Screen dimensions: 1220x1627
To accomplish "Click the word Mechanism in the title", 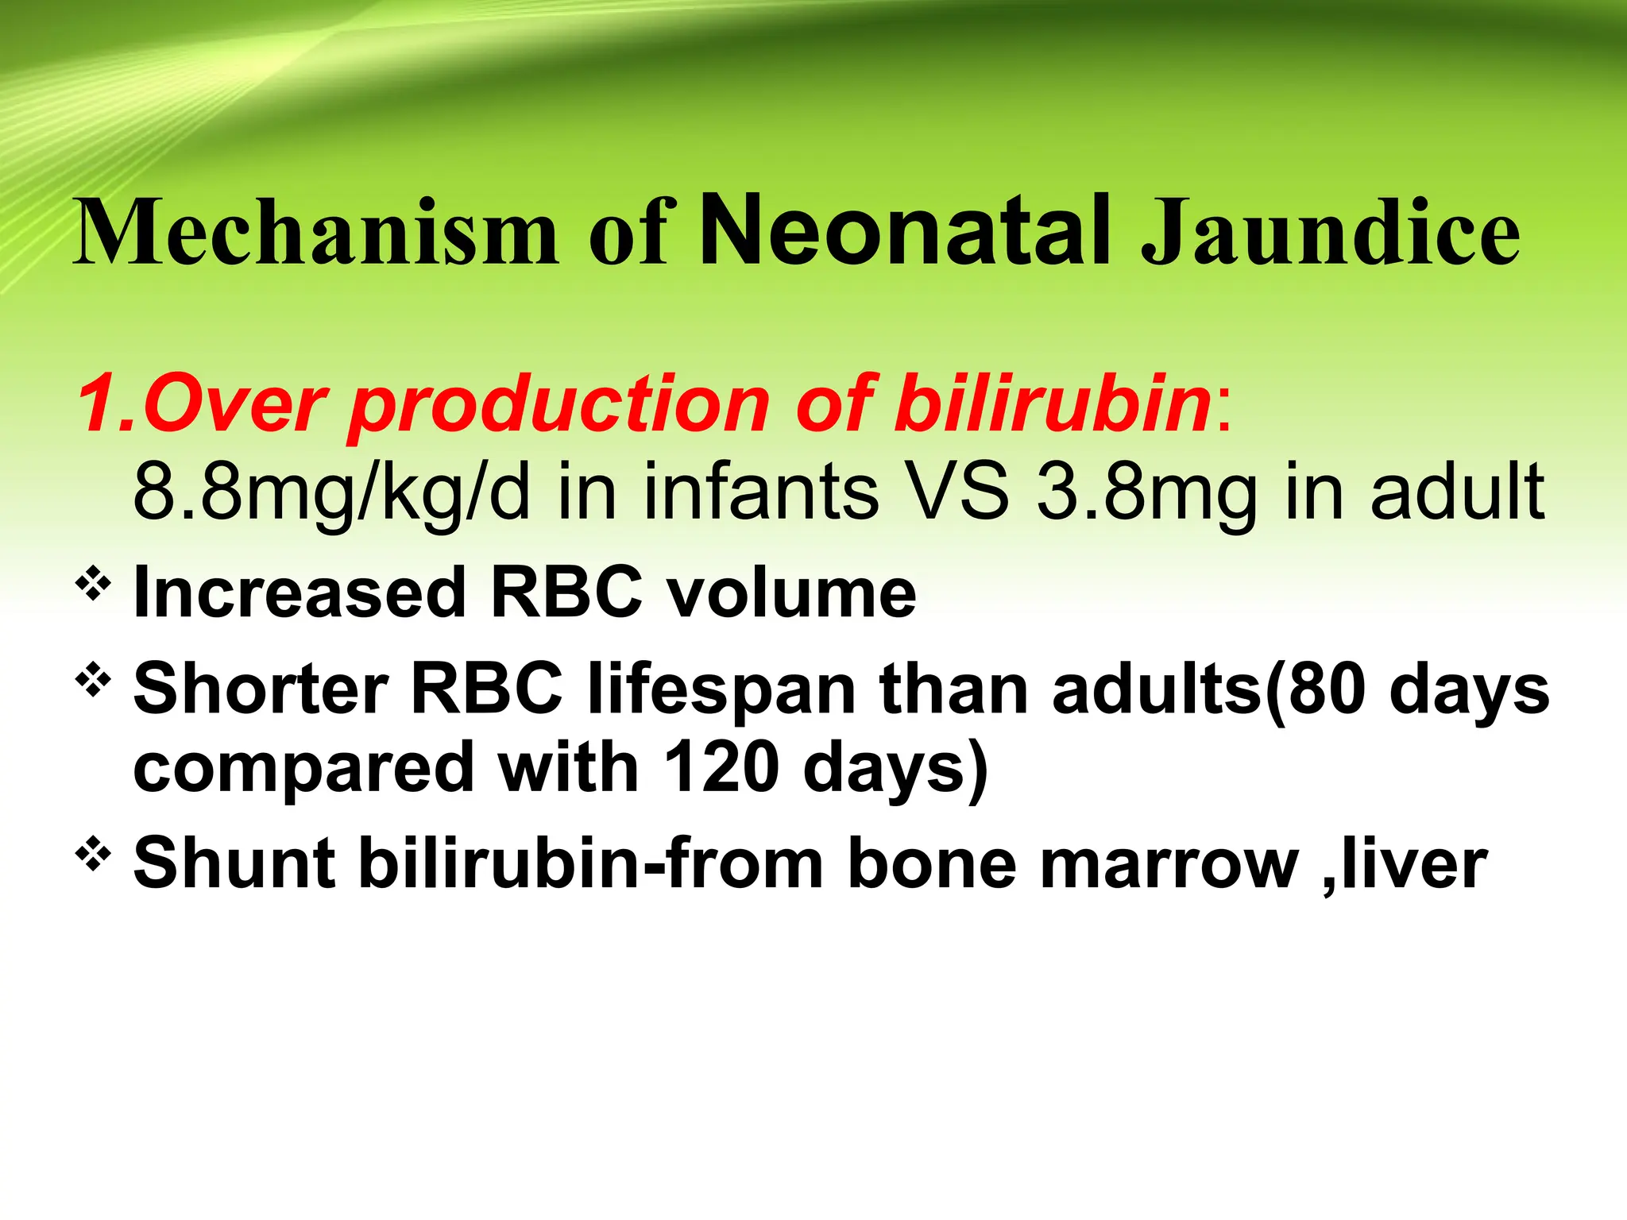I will click(x=316, y=233).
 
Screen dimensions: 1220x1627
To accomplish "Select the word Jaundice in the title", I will click(x=1330, y=233).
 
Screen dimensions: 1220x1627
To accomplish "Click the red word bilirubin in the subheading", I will click(x=1052, y=403).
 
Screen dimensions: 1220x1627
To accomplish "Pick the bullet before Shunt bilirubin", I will click(x=93, y=855).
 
